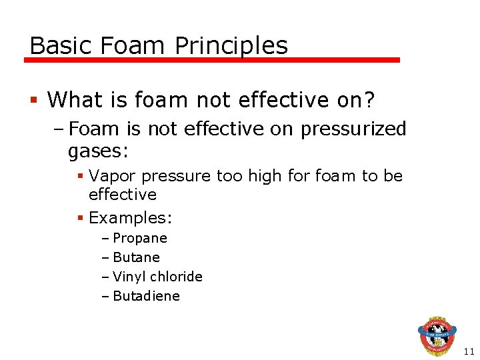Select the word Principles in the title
[x=231, y=45]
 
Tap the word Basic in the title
[x=62, y=45]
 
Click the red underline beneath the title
[x=212, y=60]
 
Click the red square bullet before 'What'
[x=33, y=101]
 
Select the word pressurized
[x=353, y=129]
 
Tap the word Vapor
[x=111, y=175]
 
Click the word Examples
[x=129, y=217]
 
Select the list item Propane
[x=140, y=238]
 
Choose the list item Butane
[x=137, y=257]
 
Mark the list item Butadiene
[x=147, y=295]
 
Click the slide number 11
[x=469, y=351]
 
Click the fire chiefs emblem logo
[x=437, y=337]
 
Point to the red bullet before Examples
[x=80, y=218]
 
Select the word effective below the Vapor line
[x=123, y=195]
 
